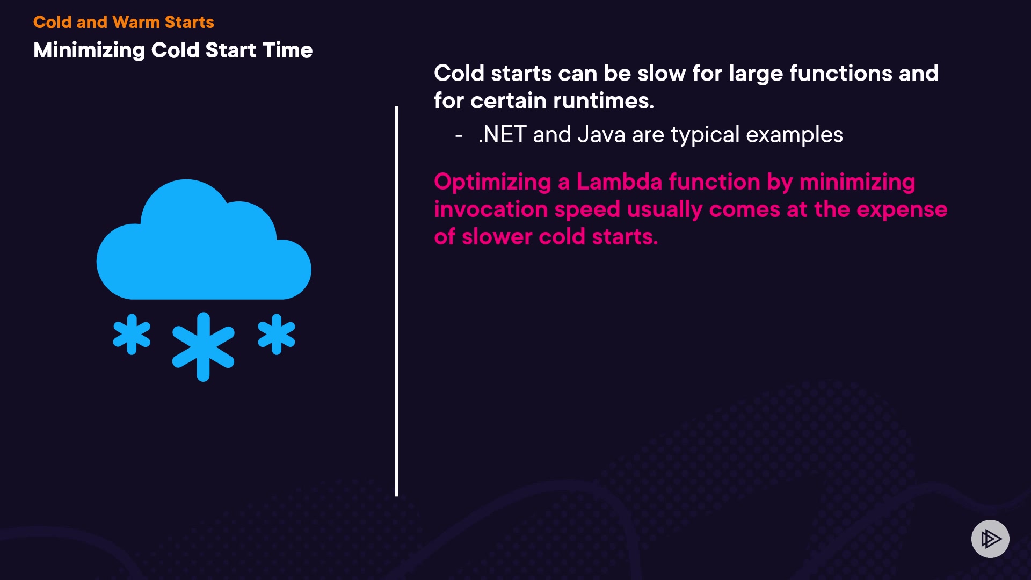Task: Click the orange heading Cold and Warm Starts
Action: [x=124, y=22]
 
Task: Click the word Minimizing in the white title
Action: [x=89, y=50]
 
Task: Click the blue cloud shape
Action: [x=204, y=240]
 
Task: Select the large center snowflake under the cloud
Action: [x=203, y=347]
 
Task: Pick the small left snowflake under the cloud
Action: [x=132, y=334]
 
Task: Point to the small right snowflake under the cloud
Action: [x=277, y=334]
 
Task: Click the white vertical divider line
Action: [x=397, y=301]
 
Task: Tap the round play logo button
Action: [x=990, y=539]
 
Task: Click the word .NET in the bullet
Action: [x=502, y=134]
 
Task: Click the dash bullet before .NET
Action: [x=459, y=136]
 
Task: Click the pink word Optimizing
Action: [x=493, y=183]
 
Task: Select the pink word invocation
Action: [x=490, y=209]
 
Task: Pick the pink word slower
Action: [x=497, y=237]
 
